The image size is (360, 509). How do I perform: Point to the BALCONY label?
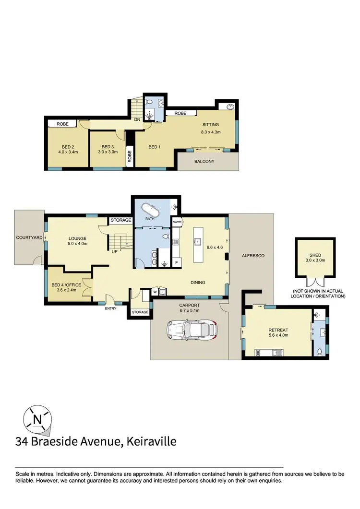click(204, 162)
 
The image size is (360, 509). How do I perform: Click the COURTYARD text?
click(28, 237)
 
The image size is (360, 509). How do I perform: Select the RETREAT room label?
click(278, 330)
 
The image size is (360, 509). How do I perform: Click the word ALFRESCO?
click(252, 256)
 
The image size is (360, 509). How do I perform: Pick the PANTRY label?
click(177, 222)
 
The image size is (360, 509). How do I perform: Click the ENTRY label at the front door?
click(110, 308)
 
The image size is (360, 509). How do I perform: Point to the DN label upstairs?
click(137, 120)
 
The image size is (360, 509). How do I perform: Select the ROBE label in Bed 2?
click(62, 124)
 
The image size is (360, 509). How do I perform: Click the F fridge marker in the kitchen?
click(177, 263)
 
